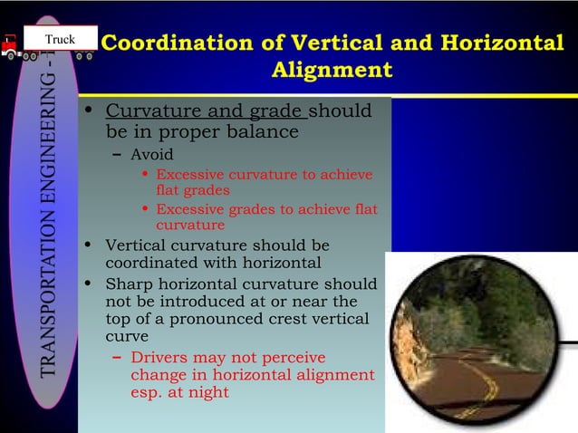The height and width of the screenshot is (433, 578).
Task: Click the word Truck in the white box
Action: point(62,39)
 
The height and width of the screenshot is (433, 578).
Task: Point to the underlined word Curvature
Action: point(146,112)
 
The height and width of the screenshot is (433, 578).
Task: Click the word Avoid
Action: point(151,155)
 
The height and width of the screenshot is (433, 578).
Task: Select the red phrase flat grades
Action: point(192,190)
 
